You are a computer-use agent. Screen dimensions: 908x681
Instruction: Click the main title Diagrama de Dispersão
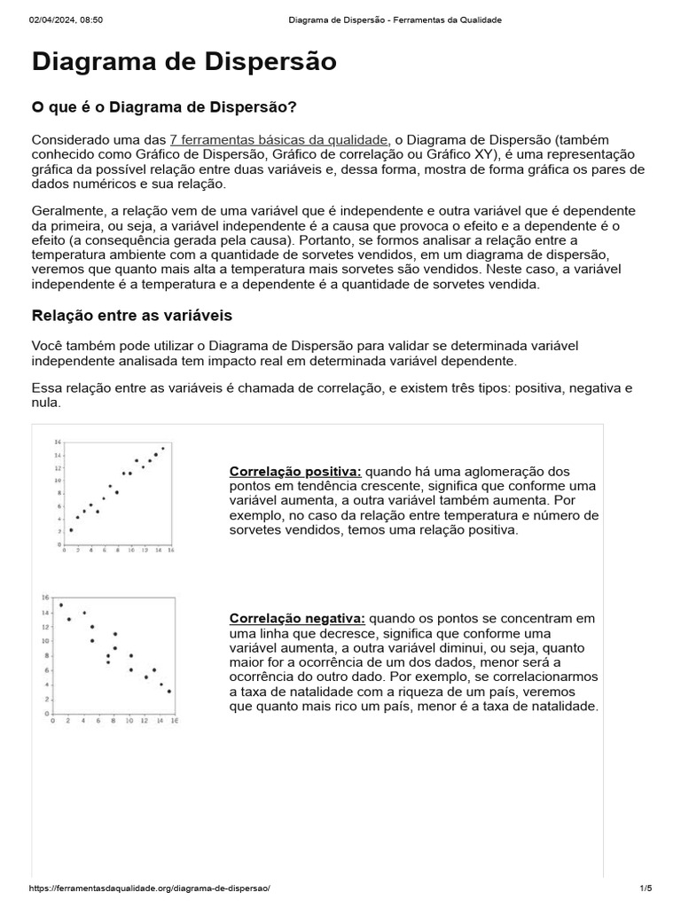coord(184,62)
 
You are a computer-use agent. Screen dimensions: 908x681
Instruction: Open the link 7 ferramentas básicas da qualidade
coord(278,139)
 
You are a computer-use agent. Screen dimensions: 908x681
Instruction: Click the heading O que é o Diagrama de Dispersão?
coord(164,107)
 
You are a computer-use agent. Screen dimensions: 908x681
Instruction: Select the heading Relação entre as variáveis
coord(132,316)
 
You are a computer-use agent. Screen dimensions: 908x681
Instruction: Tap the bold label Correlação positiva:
coord(295,471)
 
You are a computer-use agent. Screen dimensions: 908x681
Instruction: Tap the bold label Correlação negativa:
coord(297,618)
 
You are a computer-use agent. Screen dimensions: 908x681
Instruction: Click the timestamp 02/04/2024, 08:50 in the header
coord(67,20)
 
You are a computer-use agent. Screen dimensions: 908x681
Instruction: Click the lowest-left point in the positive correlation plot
coord(71,530)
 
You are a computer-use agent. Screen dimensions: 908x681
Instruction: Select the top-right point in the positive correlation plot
coord(162,449)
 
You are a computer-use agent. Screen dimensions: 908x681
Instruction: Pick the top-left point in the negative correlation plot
coord(60,606)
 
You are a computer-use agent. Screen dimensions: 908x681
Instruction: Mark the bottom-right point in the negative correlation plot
coord(168,691)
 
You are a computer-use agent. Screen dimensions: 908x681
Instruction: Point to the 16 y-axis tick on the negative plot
coord(44,598)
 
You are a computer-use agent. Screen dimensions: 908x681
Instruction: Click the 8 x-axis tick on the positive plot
coord(117,551)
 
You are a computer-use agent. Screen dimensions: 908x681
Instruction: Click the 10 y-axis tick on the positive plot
coord(58,480)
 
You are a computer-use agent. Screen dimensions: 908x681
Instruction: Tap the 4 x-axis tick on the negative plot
coord(84,721)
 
